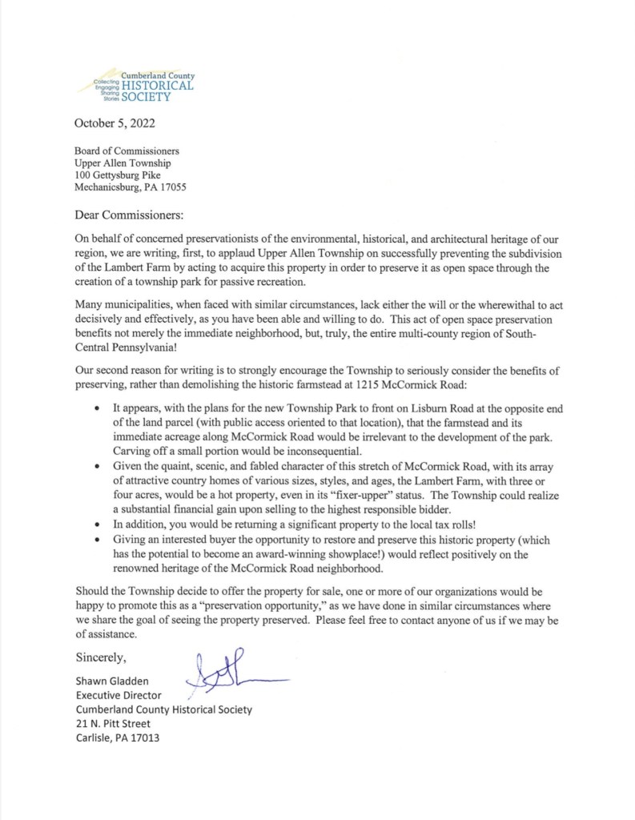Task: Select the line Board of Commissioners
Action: [127, 150]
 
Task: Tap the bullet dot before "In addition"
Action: [97, 525]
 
